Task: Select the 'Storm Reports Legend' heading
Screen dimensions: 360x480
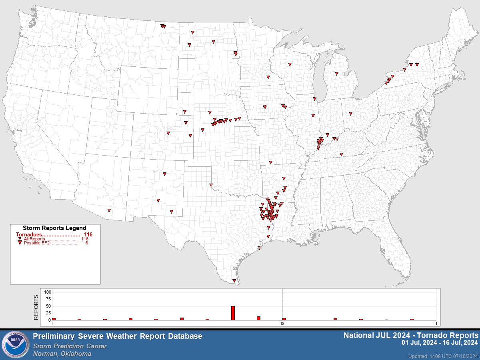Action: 54,228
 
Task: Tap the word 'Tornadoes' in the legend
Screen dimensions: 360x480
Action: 29,234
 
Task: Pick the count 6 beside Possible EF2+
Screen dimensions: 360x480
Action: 87,243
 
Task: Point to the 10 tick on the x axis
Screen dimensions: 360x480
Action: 282,323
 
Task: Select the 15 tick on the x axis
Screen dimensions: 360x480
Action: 436,323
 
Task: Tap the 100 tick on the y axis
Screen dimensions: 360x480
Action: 48,292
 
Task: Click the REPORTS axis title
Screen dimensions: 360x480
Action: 36,307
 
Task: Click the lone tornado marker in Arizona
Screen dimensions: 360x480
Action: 109,210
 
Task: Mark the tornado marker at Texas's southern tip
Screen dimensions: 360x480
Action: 234,281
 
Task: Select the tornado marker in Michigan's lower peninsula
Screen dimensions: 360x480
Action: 336,74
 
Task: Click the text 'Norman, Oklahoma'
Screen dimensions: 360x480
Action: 62,354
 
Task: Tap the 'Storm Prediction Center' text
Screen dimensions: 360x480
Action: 70,346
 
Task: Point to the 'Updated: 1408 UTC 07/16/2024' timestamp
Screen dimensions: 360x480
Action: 443,356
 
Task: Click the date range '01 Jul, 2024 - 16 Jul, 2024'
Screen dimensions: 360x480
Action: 440,343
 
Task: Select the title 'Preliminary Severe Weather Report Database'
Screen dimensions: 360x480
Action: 118,336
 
